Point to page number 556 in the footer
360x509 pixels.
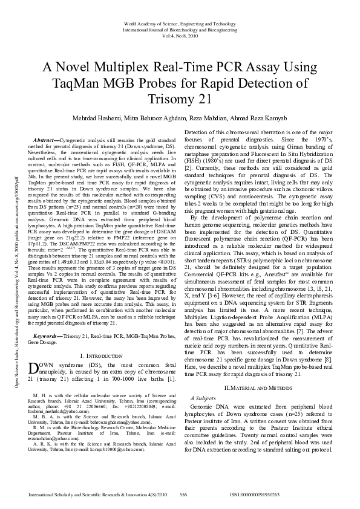click(183, 495)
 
